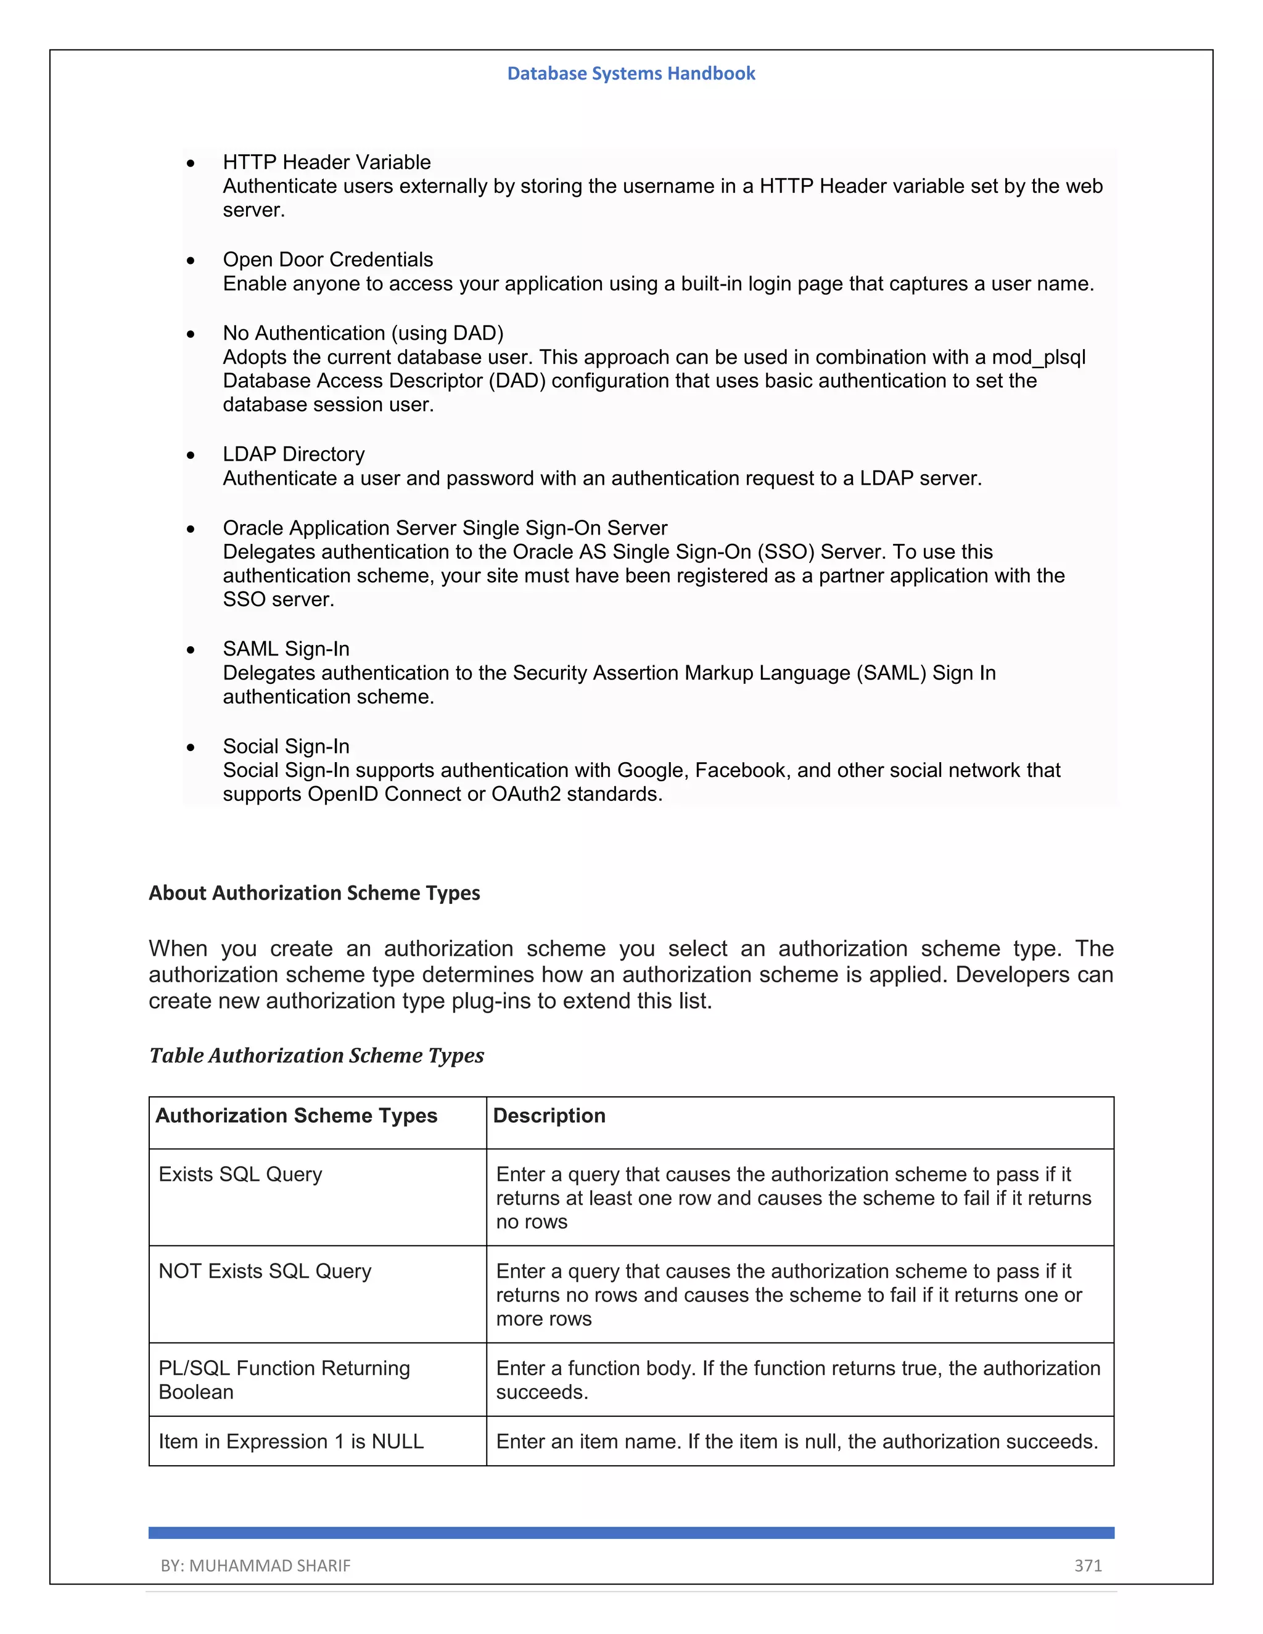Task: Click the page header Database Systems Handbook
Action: coord(631,73)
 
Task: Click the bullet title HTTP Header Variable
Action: coord(326,162)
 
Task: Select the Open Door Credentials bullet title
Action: coord(327,260)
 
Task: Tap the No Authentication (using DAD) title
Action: coord(363,333)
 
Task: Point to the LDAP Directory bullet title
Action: coord(294,454)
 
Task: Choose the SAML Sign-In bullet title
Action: coord(286,649)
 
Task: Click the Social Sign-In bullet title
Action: coord(286,746)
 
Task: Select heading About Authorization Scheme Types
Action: coord(315,893)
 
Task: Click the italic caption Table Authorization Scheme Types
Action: coord(316,1055)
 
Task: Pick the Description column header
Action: coord(549,1115)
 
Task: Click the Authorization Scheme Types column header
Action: coord(296,1115)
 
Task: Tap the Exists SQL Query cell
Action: coord(240,1174)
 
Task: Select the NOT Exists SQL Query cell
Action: coord(265,1271)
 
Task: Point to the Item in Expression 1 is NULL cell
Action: coord(291,1441)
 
